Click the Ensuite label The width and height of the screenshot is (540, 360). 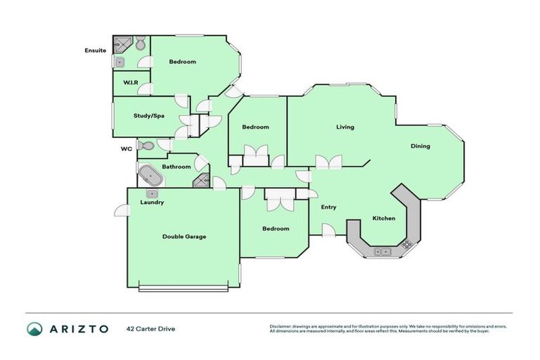coord(95,51)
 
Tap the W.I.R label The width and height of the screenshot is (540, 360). coord(130,84)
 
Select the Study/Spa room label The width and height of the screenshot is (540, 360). coord(148,115)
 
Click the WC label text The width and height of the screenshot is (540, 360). coord(127,148)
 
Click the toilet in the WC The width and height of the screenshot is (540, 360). coord(146,146)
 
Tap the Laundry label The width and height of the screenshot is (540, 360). coord(152,202)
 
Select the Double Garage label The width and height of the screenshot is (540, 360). coord(184,237)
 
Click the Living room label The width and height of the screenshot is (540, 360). coord(345,127)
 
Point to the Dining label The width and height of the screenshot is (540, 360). coord(420,146)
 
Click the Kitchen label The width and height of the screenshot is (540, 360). coord(384,218)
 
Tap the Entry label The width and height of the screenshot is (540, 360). coord(328,207)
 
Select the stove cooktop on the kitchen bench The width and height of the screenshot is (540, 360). coord(406,244)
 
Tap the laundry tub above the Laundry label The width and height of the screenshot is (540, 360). coord(152,193)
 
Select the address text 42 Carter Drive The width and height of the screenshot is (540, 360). coord(150,328)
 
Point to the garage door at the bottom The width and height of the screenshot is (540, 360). coord(184,287)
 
